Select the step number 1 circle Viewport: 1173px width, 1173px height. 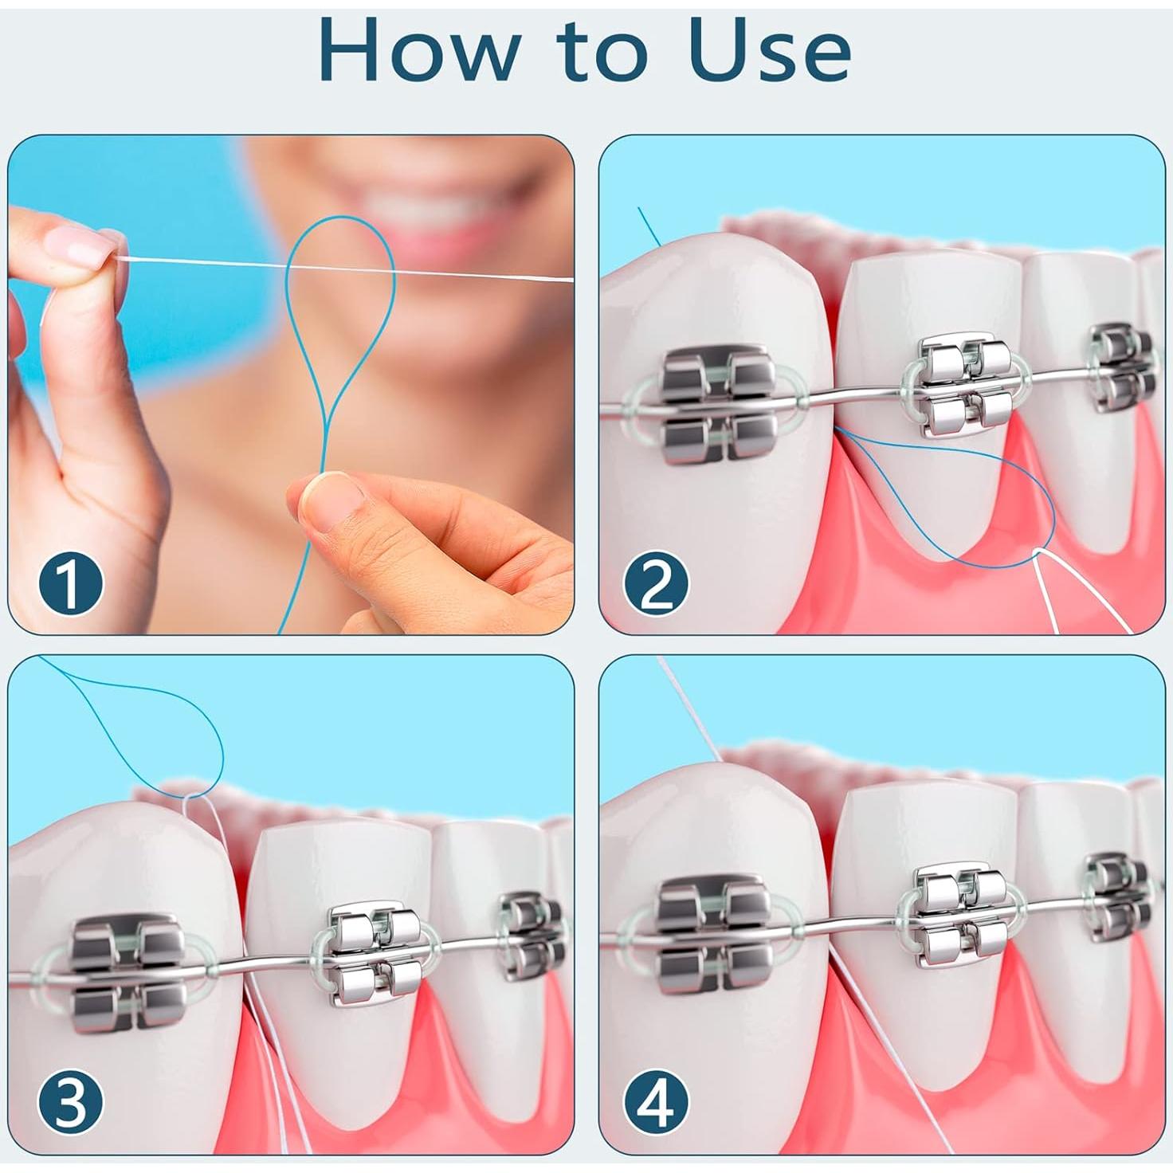[71, 584]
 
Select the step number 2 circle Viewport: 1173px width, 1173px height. [656, 584]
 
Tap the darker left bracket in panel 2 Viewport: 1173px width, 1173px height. [719, 404]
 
